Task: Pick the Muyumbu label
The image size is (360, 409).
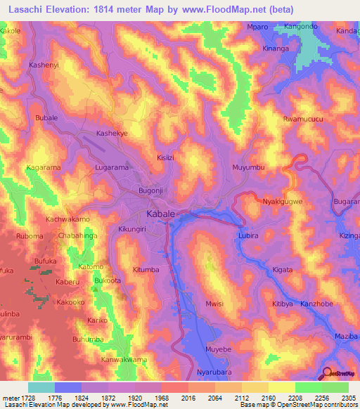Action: tap(247, 168)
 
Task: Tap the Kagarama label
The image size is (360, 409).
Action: tap(43, 169)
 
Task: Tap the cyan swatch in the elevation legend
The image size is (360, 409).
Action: tap(41, 387)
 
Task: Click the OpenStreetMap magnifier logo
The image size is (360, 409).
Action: tap(328, 373)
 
